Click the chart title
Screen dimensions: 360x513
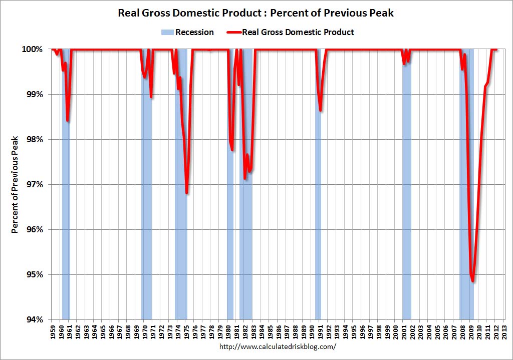coord(256,13)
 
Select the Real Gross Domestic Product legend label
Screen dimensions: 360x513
coord(298,33)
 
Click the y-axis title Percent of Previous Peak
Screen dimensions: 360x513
coord(16,184)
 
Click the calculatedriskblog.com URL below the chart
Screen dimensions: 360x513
coord(278,346)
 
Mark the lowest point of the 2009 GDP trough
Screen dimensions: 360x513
coord(472,281)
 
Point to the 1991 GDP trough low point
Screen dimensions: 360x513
coord(320,111)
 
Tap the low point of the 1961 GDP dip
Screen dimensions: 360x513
coord(68,121)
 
